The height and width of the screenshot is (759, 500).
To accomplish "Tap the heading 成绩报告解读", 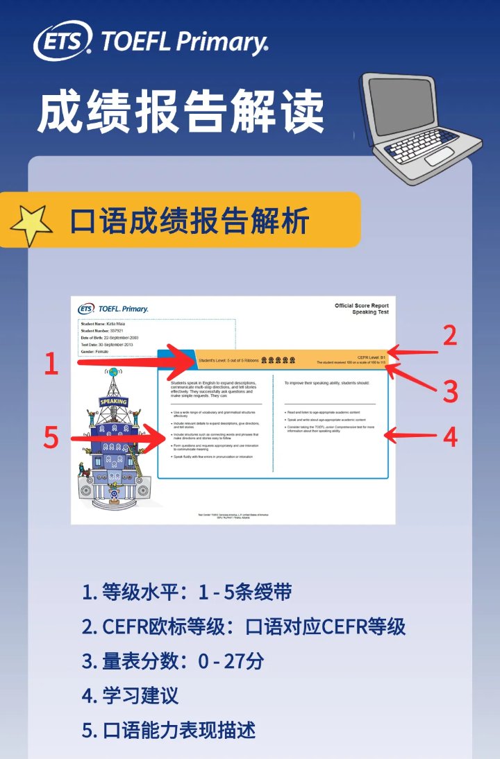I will [x=181, y=112].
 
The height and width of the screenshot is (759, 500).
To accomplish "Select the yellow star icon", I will [x=31, y=224].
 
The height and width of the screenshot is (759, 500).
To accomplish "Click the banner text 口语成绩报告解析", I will [x=189, y=221].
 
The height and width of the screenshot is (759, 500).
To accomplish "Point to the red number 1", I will [x=51, y=364].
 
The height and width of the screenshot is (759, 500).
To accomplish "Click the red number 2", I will [x=450, y=335].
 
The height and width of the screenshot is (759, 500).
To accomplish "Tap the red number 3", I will [x=451, y=391].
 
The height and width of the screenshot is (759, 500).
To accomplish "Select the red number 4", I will [x=450, y=437].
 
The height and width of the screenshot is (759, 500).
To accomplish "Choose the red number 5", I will [x=51, y=438].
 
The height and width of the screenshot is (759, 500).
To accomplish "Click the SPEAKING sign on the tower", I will [x=113, y=402].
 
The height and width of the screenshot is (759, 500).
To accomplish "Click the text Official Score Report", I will [x=361, y=306].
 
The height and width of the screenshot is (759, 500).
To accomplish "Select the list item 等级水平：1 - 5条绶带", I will [x=186, y=592].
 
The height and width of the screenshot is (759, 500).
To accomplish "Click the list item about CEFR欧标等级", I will [x=243, y=626].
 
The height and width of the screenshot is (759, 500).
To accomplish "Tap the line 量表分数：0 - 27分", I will [x=172, y=661].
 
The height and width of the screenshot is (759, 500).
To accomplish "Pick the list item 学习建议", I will [x=130, y=695].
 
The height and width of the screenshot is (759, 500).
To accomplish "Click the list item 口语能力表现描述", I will [x=169, y=730].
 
